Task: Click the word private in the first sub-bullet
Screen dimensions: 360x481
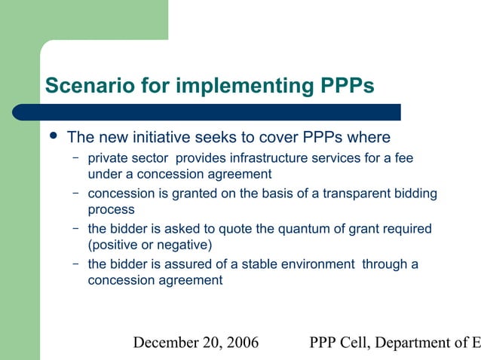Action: [x=109, y=159]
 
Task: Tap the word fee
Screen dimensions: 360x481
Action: [x=403, y=159]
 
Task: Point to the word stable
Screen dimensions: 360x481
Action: [x=278, y=264]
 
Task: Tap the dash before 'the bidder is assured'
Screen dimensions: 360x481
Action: [x=76, y=264]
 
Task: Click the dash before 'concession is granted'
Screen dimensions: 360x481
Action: [x=76, y=194]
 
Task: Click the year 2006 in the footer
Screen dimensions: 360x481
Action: [x=240, y=343]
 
